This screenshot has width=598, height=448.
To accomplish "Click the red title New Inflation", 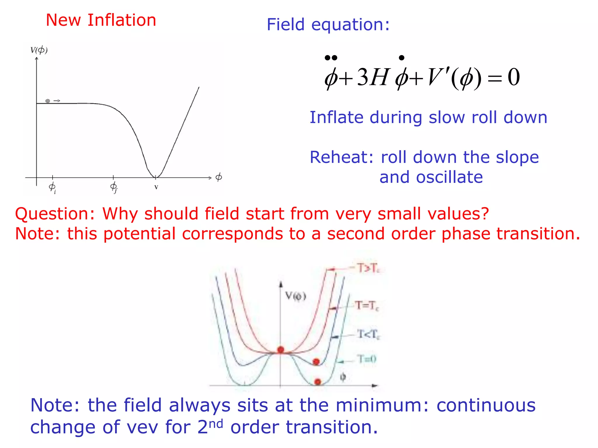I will (x=101, y=20).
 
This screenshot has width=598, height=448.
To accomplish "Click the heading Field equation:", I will (x=328, y=24).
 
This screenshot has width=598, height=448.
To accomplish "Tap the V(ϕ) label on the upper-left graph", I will (x=39, y=50).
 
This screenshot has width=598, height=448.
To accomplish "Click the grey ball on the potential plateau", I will (x=48, y=101).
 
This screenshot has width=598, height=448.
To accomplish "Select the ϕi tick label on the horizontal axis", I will (x=52, y=187).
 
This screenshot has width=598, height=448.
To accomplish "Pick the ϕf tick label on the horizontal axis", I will (x=114, y=187).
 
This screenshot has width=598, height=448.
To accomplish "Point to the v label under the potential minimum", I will (x=156, y=187).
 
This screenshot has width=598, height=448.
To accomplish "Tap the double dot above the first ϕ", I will (x=331, y=58).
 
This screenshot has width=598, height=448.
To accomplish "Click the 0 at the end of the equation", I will (x=514, y=78).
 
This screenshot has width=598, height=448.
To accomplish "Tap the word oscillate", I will (x=449, y=177).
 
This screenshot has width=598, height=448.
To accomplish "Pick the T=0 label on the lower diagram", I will (x=367, y=359).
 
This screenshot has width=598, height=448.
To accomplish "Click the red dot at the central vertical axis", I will (x=281, y=349).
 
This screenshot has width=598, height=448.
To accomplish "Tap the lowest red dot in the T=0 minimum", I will (x=318, y=382).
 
